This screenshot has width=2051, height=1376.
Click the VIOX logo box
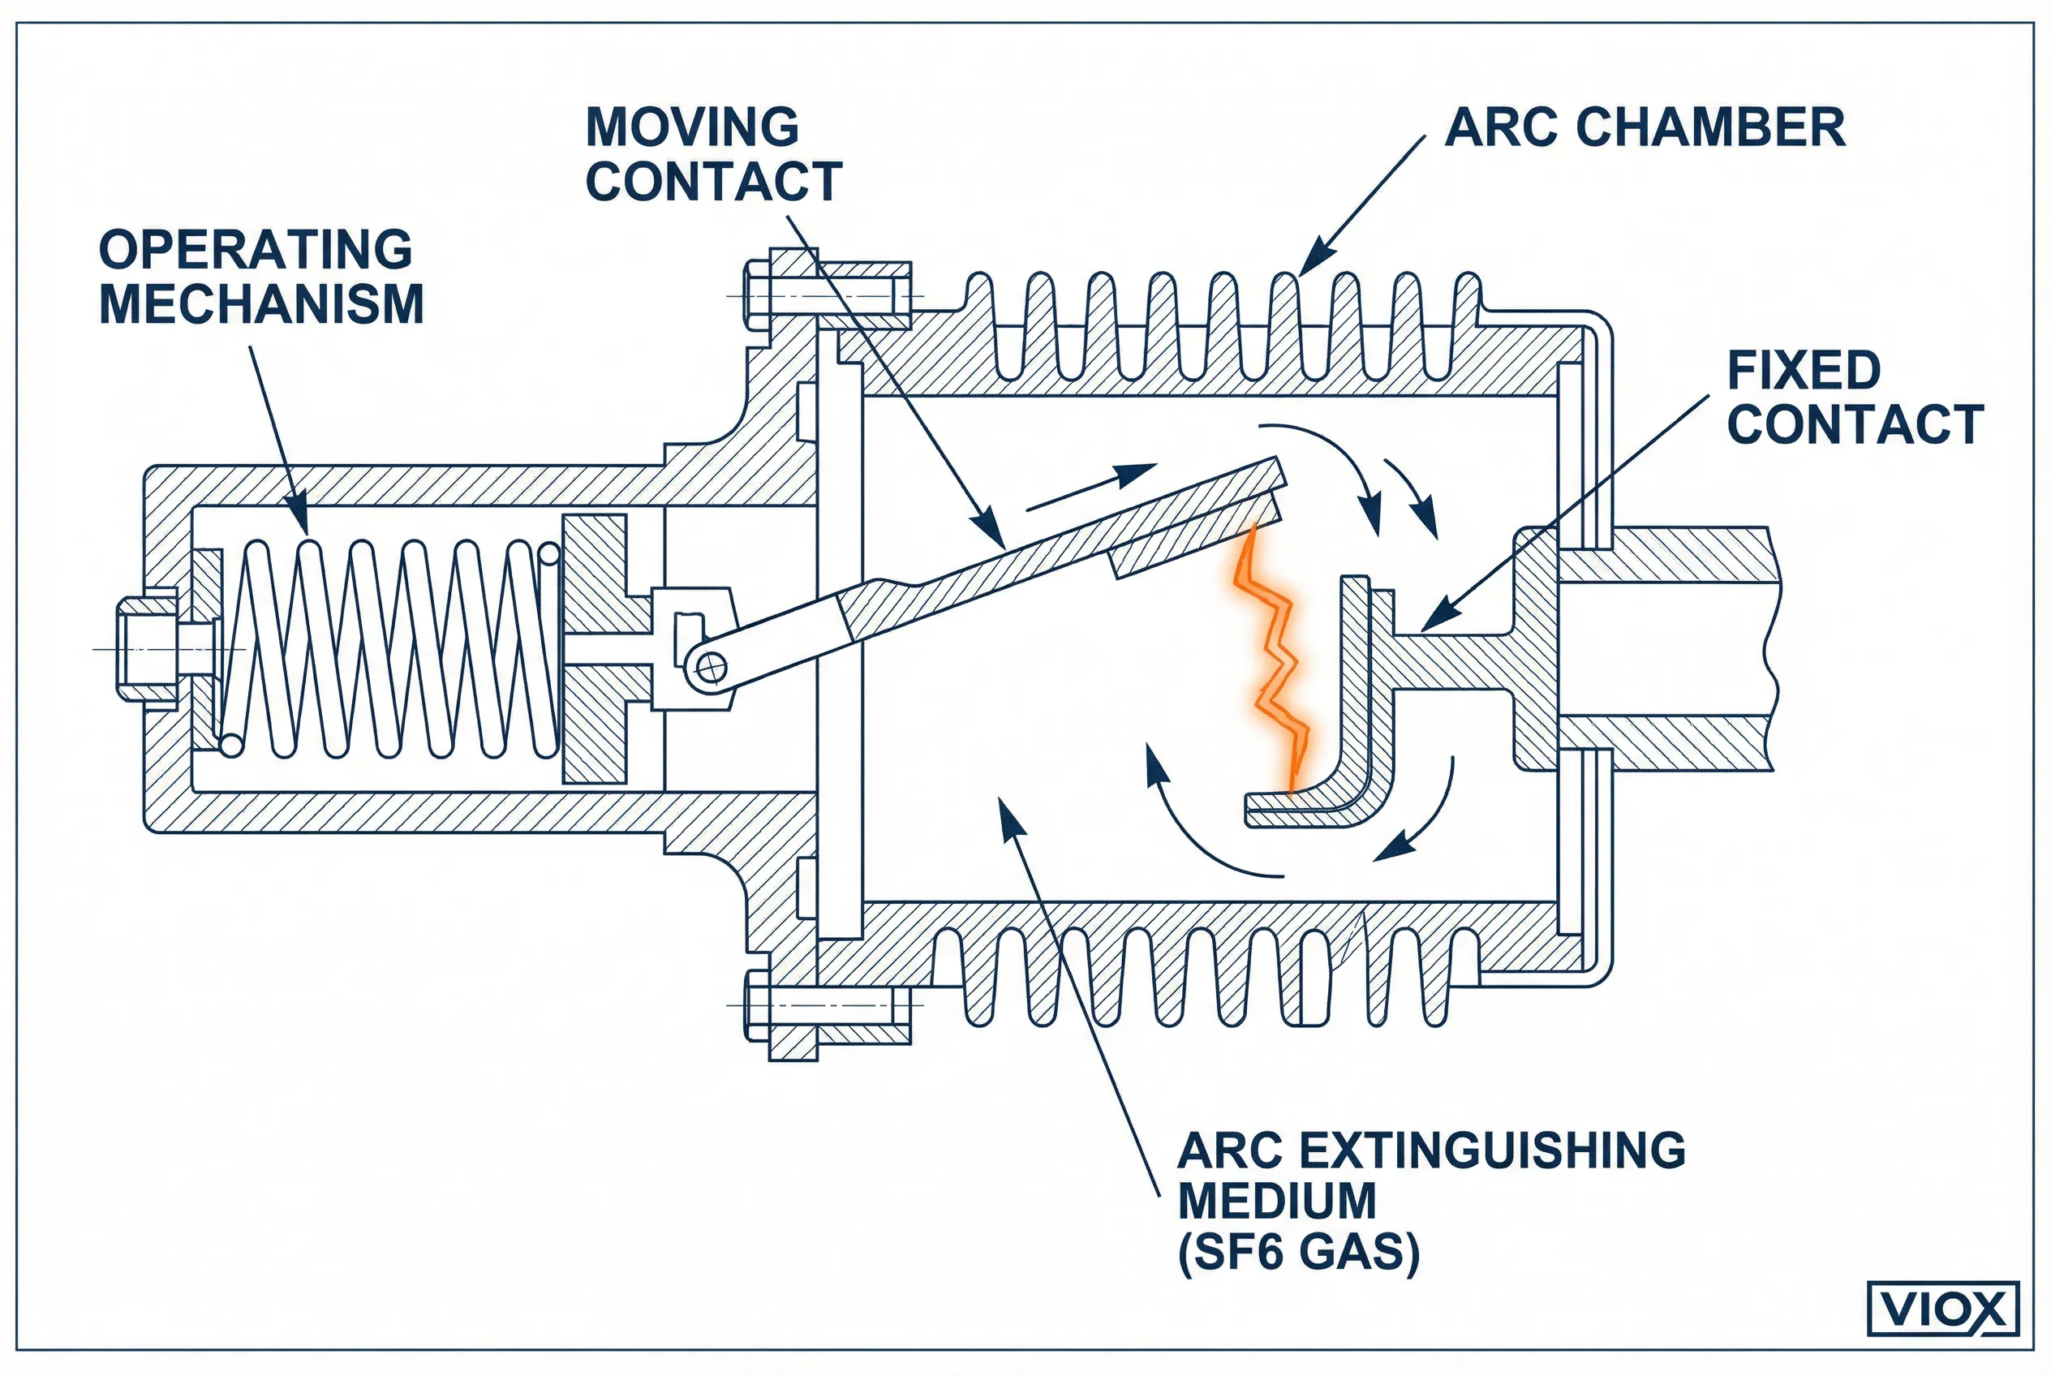tap(1943, 1309)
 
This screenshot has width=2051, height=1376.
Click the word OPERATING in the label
tap(256, 249)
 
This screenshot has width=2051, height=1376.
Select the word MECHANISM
tap(261, 304)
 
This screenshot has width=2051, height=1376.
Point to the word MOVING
tap(691, 127)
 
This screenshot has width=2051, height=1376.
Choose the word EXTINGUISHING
tap(1492, 1150)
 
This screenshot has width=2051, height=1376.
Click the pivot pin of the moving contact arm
tap(710, 669)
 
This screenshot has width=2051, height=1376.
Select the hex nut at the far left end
tap(148, 648)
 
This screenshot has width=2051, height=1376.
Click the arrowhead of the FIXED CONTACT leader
tap(1428, 626)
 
